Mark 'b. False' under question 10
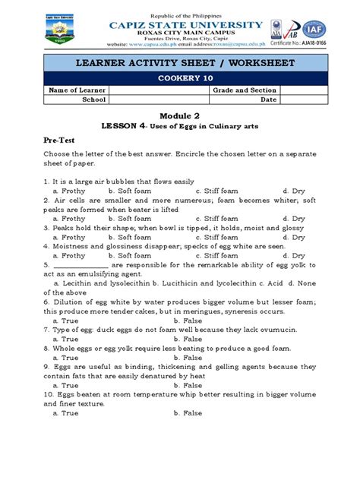tap(187, 412)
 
